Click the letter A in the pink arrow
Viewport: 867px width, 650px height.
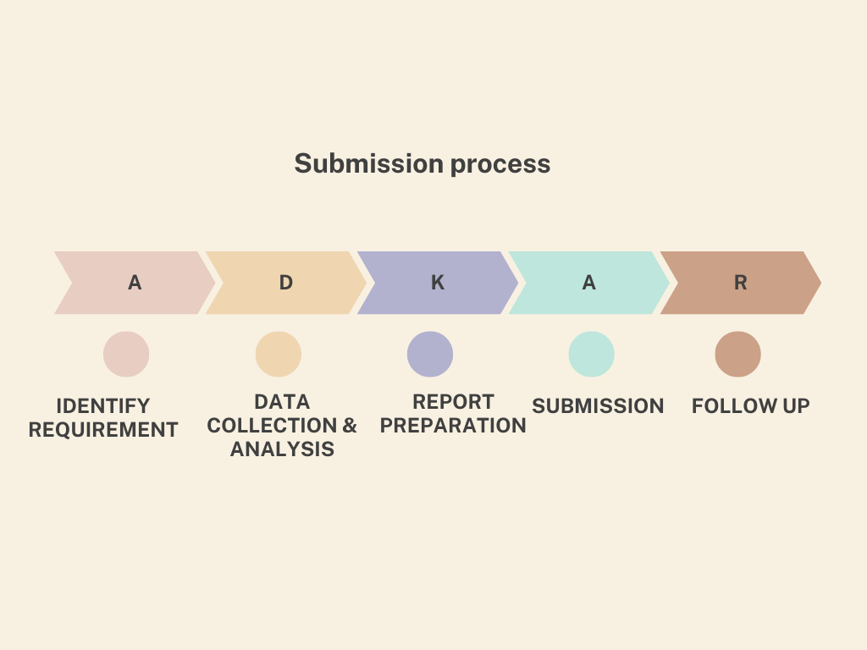tap(135, 283)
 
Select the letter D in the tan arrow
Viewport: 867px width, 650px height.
tap(286, 283)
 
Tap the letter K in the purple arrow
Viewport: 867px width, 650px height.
tap(438, 283)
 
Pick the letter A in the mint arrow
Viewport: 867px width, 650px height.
tap(589, 283)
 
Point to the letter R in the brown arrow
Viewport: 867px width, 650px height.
tap(740, 283)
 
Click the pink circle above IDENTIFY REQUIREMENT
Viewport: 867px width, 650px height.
tap(126, 355)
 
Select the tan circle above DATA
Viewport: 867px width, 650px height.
tap(278, 355)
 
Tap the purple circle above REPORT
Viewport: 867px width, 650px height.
tap(430, 355)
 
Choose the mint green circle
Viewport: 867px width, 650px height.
tap(592, 355)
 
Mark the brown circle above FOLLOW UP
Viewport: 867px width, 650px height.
tap(738, 355)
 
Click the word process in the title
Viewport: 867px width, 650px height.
tap(500, 165)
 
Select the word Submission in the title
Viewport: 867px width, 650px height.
tap(369, 163)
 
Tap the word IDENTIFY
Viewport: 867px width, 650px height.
tap(103, 405)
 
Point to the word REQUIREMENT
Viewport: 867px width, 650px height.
tap(103, 429)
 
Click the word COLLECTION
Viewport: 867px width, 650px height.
tap(272, 426)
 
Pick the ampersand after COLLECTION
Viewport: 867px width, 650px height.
tap(350, 426)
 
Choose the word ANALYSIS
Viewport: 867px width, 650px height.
tap(283, 449)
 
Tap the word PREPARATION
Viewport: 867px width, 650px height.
tap(453, 426)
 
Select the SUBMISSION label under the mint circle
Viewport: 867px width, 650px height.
tap(598, 405)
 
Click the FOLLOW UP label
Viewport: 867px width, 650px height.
tap(751, 405)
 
